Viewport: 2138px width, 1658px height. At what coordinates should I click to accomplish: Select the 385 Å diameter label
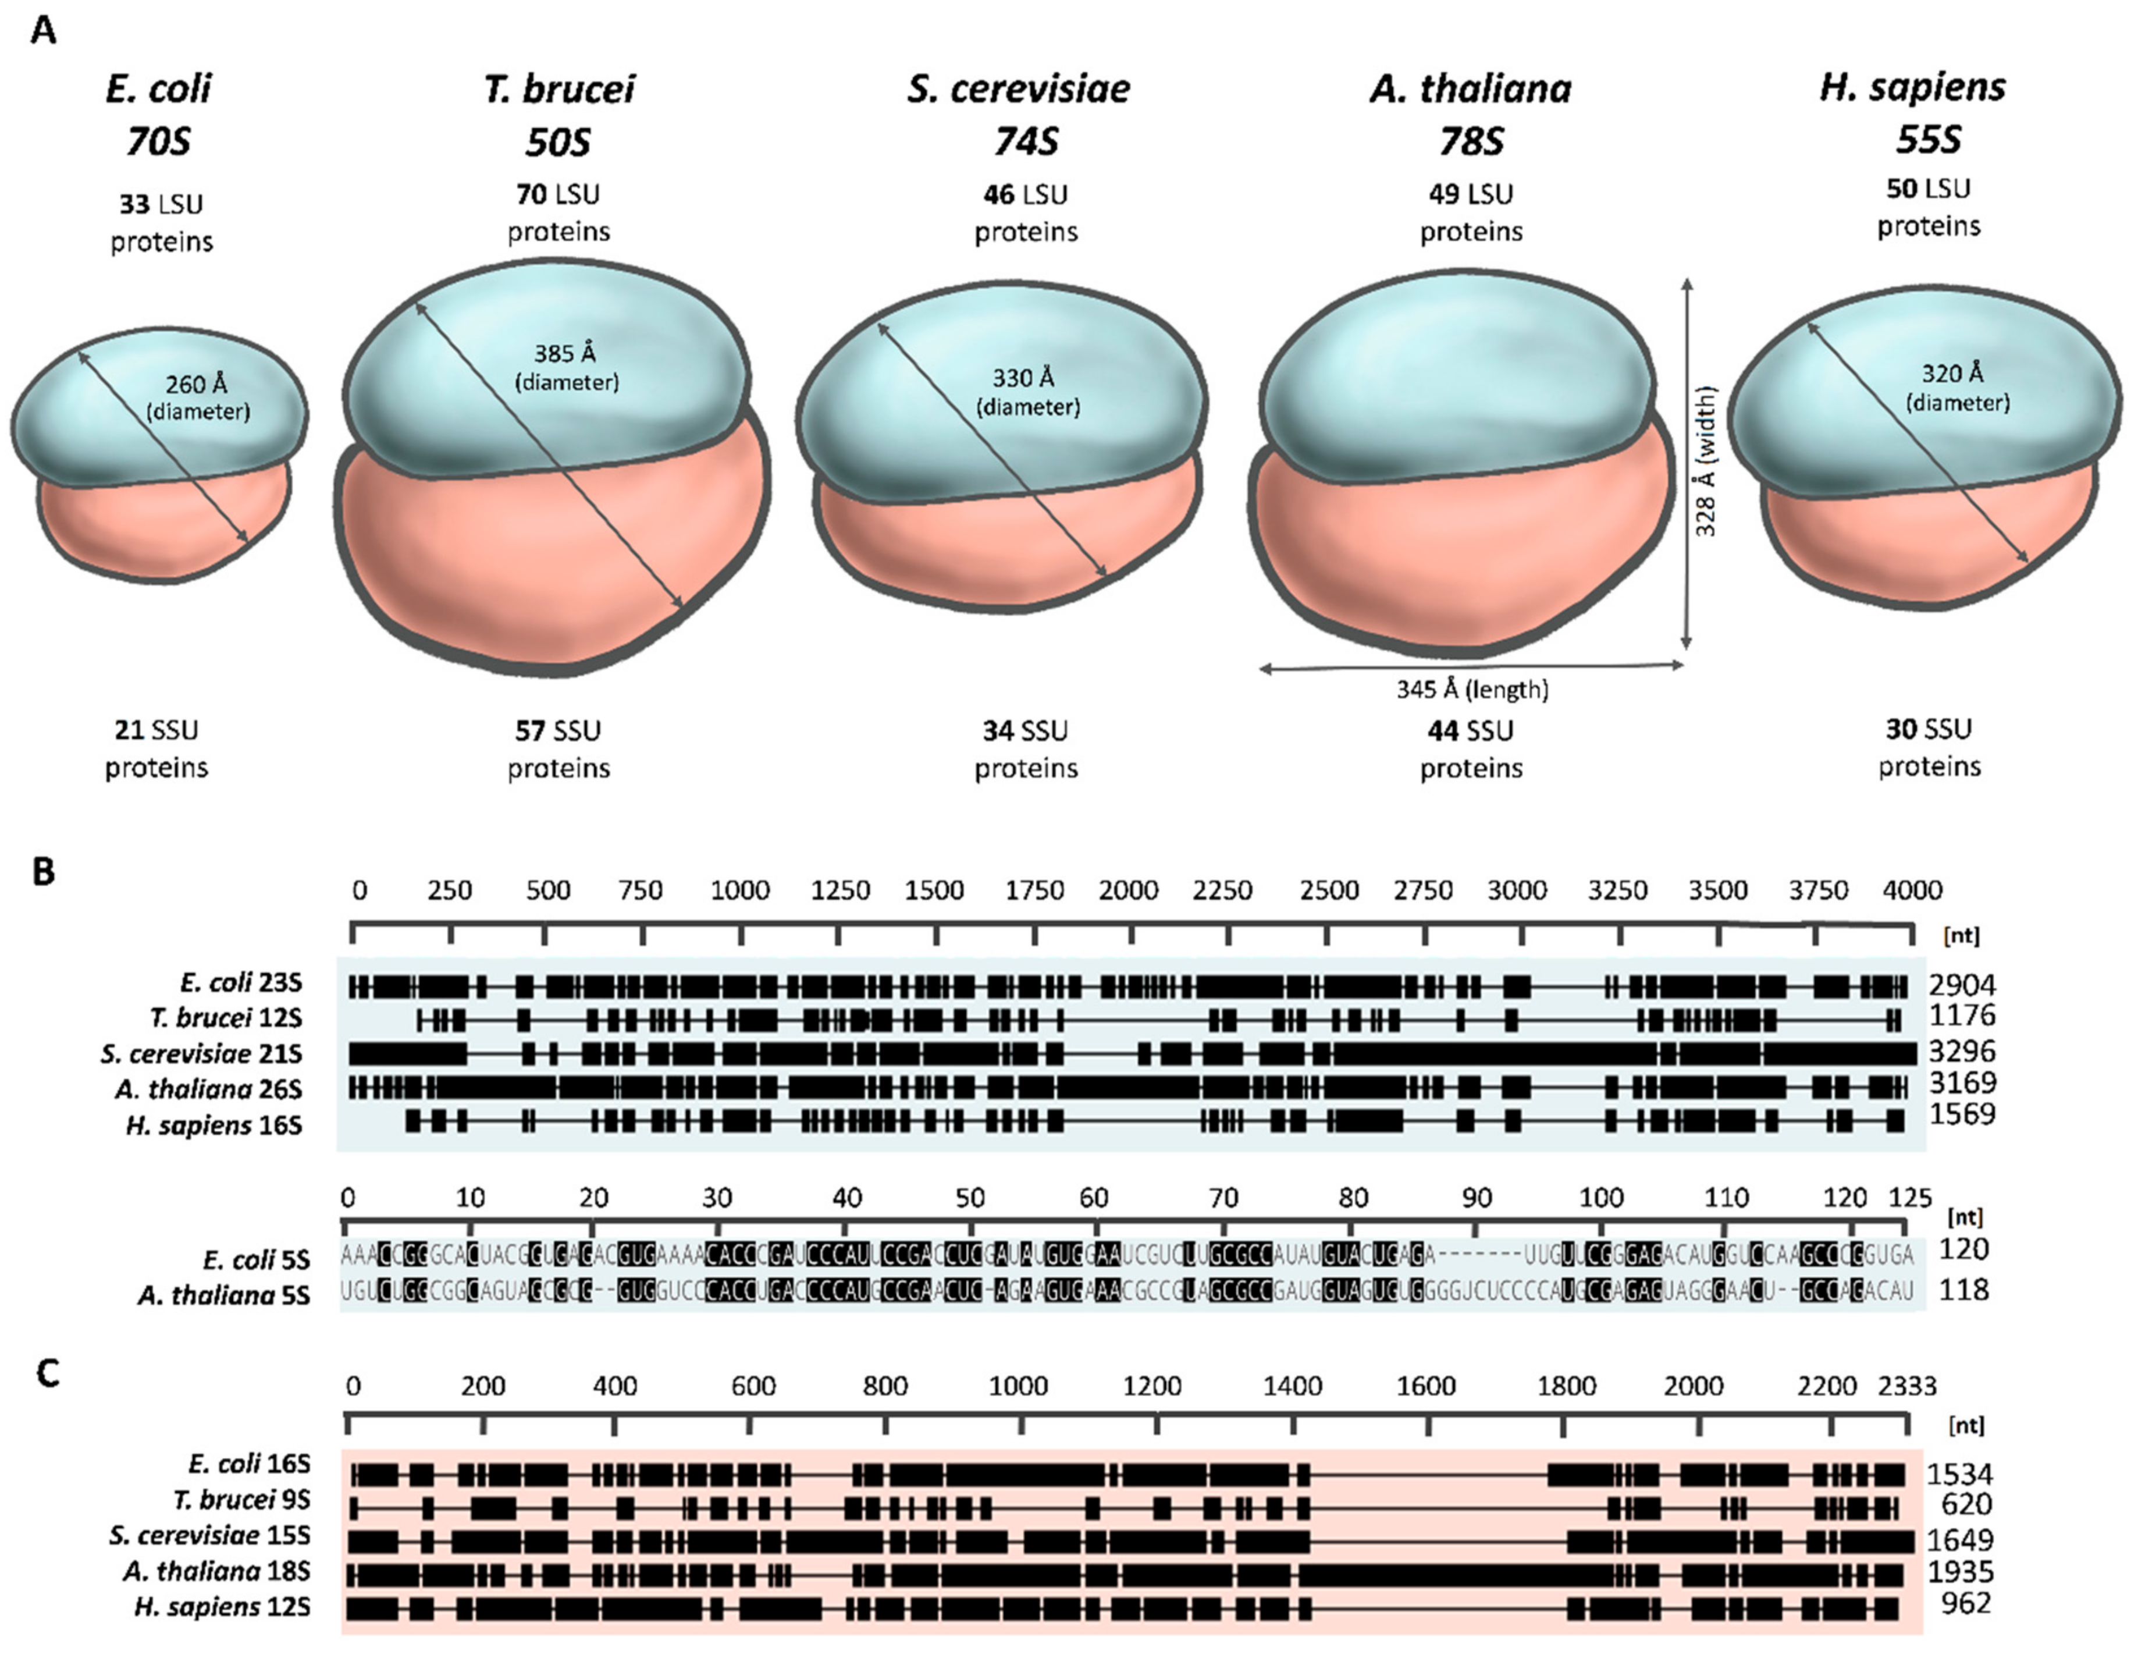(x=566, y=366)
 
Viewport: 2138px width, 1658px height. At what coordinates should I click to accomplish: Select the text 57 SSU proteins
(x=558, y=749)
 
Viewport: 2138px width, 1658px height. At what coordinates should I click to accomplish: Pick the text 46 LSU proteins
(x=1025, y=212)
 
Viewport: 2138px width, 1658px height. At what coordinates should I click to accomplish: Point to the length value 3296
(x=1961, y=1051)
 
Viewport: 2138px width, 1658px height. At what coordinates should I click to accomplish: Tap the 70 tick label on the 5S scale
(x=1223, y=1198)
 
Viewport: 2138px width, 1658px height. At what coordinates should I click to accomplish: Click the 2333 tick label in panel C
(x=1906, y=1386)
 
